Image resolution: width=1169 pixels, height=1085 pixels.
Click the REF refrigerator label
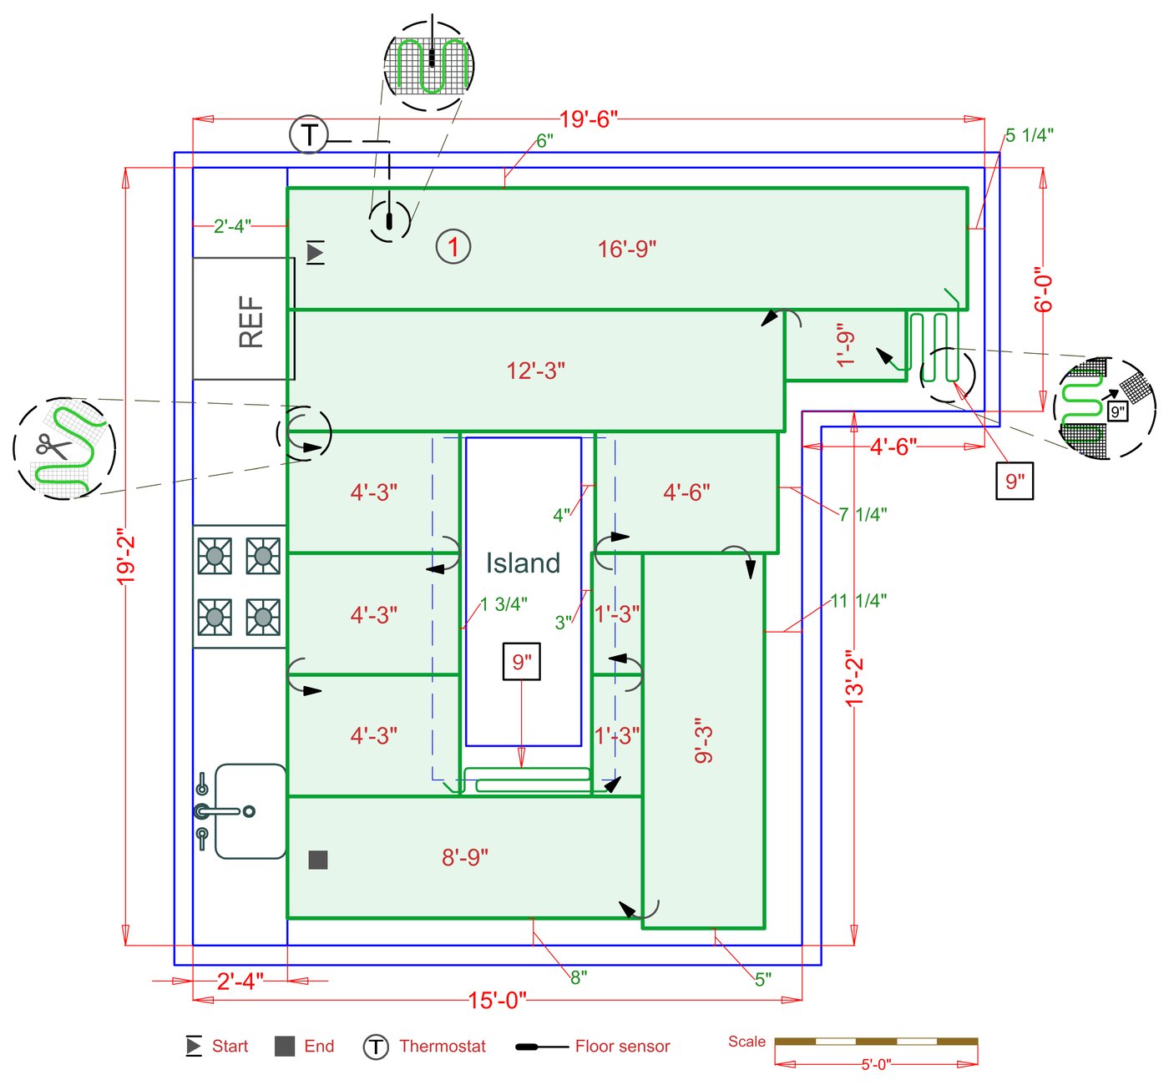(251, 320)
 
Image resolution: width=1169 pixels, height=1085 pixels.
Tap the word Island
(524, 563)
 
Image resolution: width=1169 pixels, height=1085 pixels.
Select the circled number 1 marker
(453, 247)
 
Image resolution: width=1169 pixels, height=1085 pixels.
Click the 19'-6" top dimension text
(588, 119)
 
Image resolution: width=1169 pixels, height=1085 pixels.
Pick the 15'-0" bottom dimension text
(497, 1000)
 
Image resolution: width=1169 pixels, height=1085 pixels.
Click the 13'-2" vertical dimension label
(854, 679)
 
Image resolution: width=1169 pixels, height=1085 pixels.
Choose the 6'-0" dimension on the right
(1044, 290)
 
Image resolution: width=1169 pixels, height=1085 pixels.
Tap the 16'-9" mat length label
(627, 249)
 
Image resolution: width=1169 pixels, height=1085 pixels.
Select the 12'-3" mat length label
(535, 371)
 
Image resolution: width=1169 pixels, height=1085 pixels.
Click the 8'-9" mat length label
(465, 857)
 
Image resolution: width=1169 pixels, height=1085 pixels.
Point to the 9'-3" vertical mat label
(704, 739)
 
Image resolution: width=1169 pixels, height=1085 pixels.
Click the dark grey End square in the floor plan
(318, 860)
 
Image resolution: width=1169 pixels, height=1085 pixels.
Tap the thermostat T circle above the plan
(309, 134)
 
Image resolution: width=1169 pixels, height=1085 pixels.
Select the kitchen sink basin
(250, 811)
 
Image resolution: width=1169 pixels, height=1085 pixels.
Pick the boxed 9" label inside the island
(522, 662)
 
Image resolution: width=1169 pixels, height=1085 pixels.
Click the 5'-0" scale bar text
(876, 1064)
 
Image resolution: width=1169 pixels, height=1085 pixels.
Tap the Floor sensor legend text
(622, 1047)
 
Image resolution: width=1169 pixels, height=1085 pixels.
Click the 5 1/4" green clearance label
(1029, 135)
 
